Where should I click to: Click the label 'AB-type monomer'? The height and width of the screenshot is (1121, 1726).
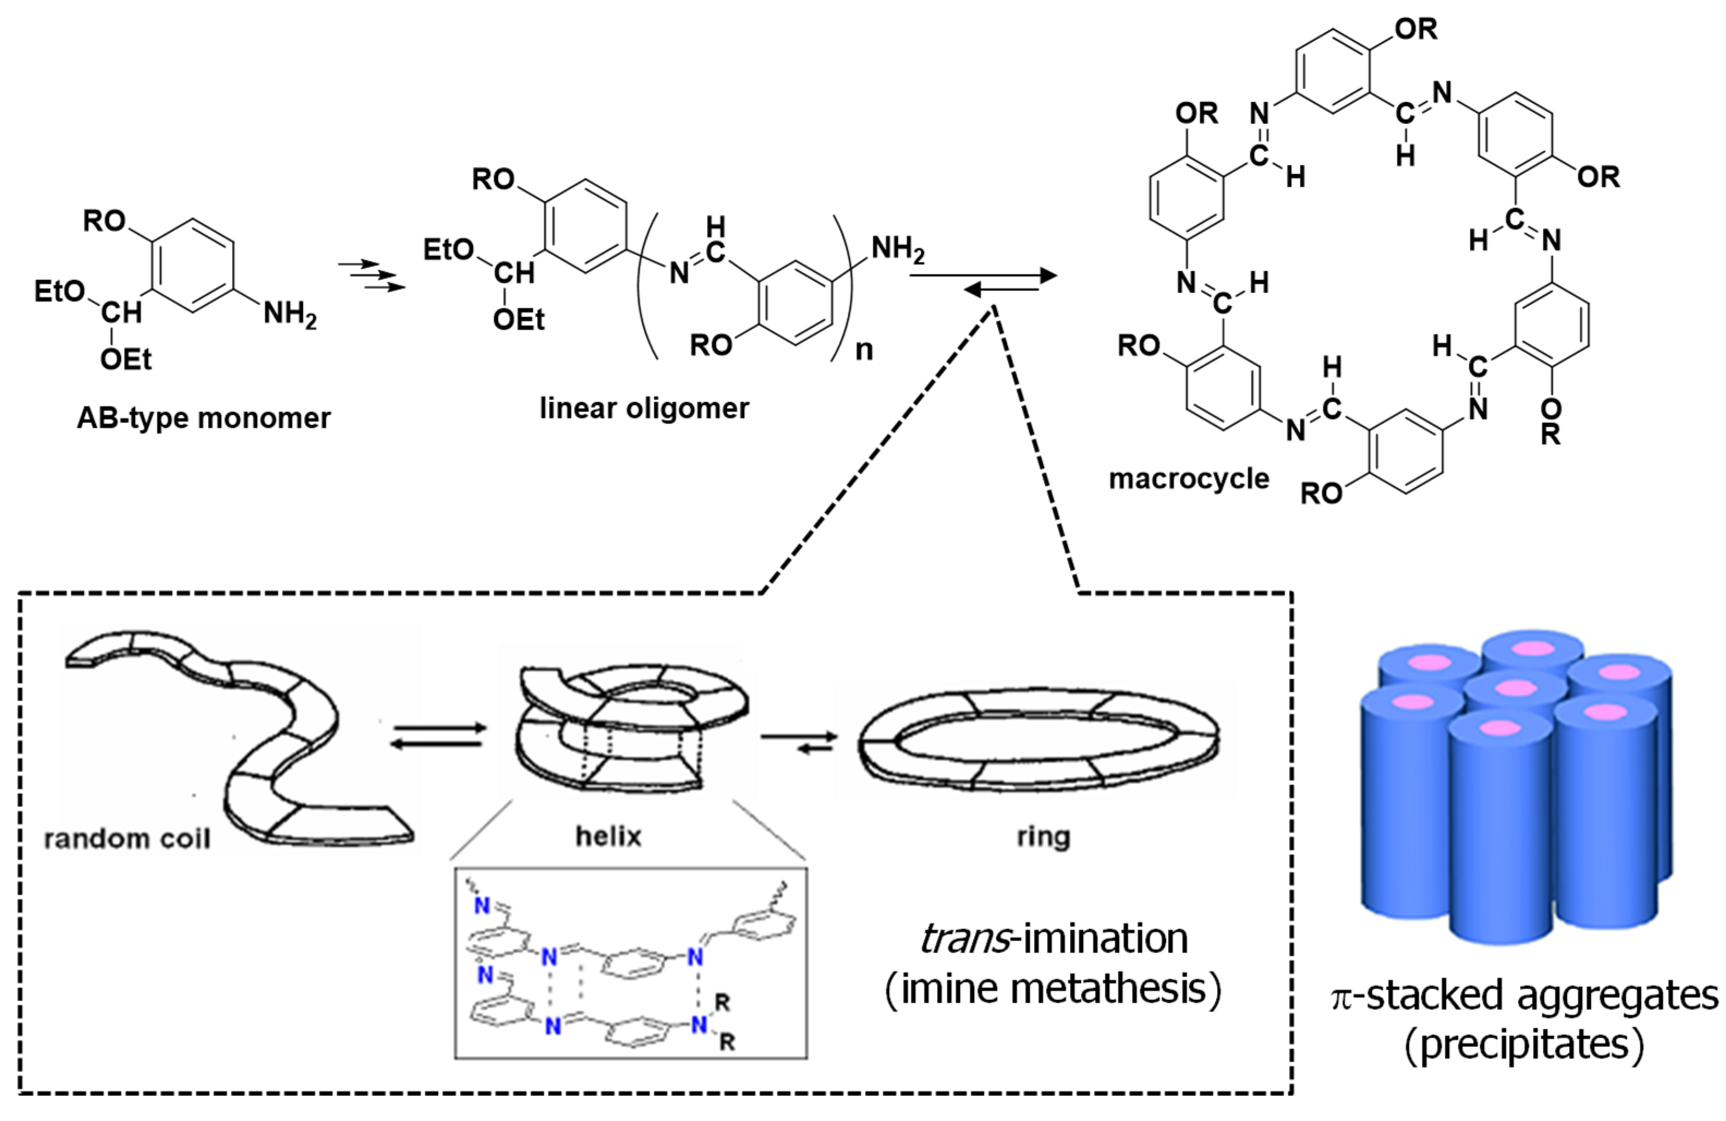pyautogui.click(x=204, y=419)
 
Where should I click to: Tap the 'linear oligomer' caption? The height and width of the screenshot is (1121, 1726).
pyautogui.click(x=644, y=408)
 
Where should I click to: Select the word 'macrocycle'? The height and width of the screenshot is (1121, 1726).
pyautogui.click(x=1189, y=479)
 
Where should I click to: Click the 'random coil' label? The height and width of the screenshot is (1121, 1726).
pyautogui.click(x=127, y=840)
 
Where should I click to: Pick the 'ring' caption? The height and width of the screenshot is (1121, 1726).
pyautogui.click(x=1043, y=836)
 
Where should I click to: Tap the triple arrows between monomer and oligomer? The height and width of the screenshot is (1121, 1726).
pyautogui.click(x=372, y=276)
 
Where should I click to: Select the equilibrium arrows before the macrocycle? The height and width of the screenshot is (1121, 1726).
pyautogui.click(x=1001, y=283)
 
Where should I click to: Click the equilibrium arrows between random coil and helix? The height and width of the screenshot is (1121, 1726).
pyautogui.click(x=437, y=735)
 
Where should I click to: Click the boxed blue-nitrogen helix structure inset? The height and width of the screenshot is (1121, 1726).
pyautogui.click(x=630, y=963)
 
